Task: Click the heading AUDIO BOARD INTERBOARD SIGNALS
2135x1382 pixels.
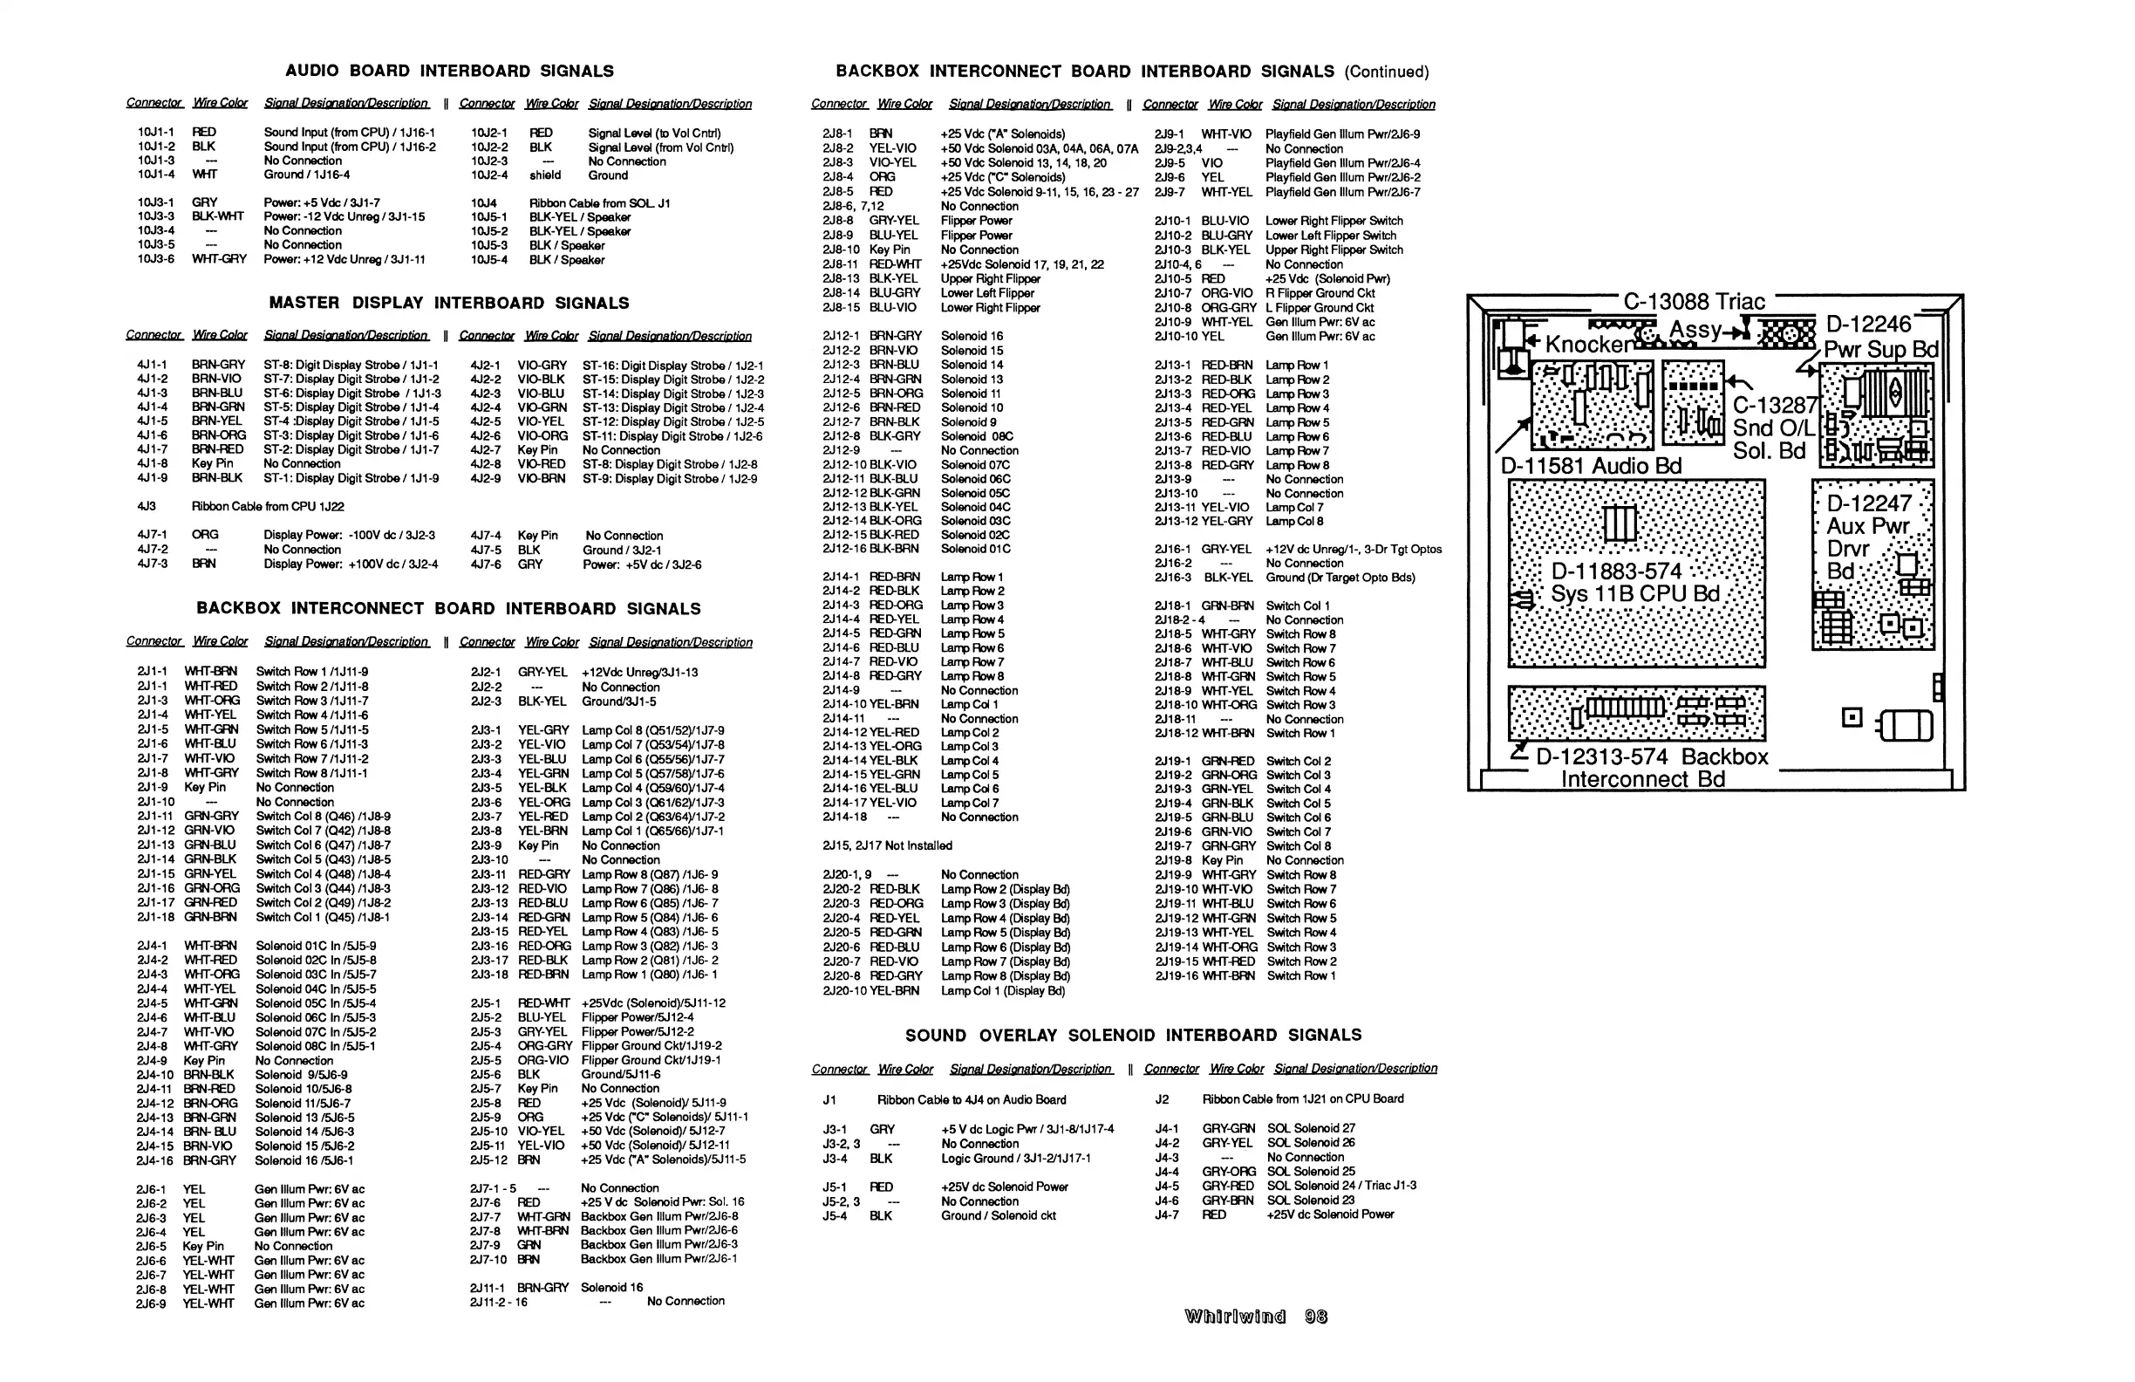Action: [x=449, y=71]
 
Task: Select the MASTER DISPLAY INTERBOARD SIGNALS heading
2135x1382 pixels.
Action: [x=448, y=304]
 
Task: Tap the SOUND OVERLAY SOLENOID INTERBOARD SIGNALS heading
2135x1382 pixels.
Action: [x=1133, y=1036]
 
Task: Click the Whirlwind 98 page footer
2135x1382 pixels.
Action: [x=1255, y=1317]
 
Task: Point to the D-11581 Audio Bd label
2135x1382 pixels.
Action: [x=1591, y=466]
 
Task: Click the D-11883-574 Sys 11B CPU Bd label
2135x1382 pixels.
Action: [x=1634, y=584]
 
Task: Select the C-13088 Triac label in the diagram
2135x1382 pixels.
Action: [x=1694, y=303]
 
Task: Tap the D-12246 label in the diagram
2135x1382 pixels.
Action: [x=1869, y=324]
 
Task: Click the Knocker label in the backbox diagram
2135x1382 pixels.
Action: [x=1588, y=345]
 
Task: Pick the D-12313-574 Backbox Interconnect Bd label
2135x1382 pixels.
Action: [x=1651, y=767]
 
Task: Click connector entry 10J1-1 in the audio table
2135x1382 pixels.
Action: [x=156, y=132]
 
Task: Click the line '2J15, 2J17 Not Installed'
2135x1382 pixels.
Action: [x=887, y=846]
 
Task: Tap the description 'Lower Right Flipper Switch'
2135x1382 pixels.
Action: [x=1334, y=221]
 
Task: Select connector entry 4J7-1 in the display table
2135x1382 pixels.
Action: [x=152, y=535]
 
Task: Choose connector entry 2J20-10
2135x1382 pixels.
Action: [x=844, y=991]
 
